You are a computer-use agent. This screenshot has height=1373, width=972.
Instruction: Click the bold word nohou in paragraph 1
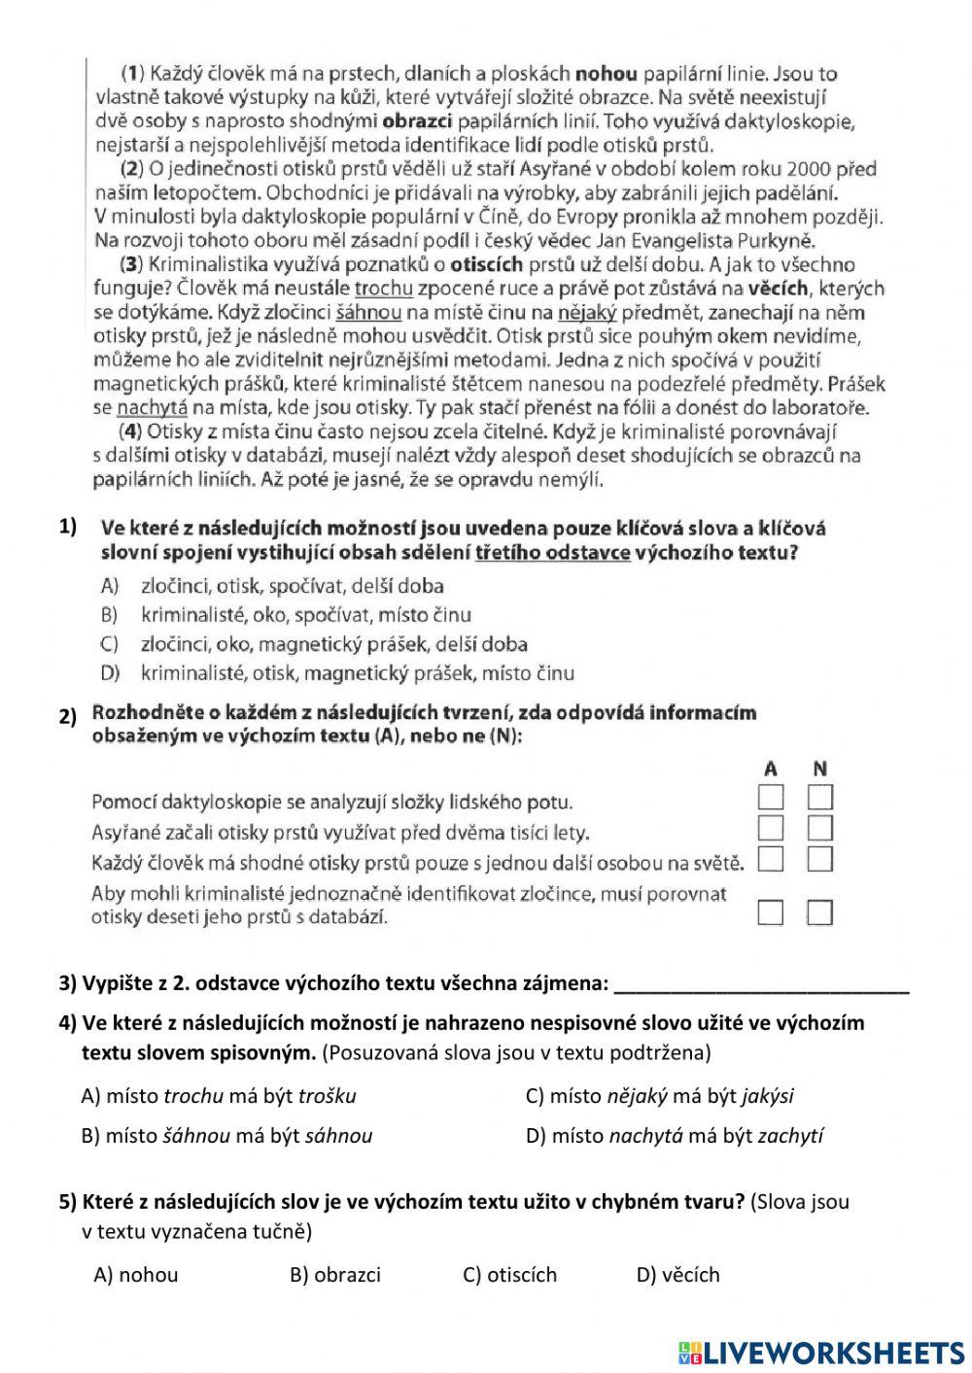coord(607,73)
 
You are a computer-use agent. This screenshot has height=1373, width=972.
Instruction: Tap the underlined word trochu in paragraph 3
coord(383,289)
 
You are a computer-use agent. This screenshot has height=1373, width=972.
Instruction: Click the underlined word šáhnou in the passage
coord(368,313)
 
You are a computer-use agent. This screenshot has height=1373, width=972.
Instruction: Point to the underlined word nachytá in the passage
coord(152,408)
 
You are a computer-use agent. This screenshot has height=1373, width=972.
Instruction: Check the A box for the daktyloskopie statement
coord(770,799)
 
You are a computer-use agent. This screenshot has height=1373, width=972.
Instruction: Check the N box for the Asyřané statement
coord(820,829)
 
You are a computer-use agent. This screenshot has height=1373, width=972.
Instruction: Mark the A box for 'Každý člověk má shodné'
coord(770,859)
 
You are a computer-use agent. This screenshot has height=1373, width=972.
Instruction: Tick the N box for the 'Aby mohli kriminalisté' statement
coord(820,912)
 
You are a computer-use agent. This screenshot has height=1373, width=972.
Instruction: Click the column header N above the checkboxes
coord(820,769)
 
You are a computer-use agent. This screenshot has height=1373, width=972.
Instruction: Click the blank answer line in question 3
coord(762,985)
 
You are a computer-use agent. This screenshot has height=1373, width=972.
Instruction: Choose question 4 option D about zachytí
coord(675,1136)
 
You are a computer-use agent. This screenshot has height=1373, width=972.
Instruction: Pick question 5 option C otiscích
coord(509,1275)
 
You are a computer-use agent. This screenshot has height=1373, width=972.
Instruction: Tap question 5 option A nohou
coord(136,1275)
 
